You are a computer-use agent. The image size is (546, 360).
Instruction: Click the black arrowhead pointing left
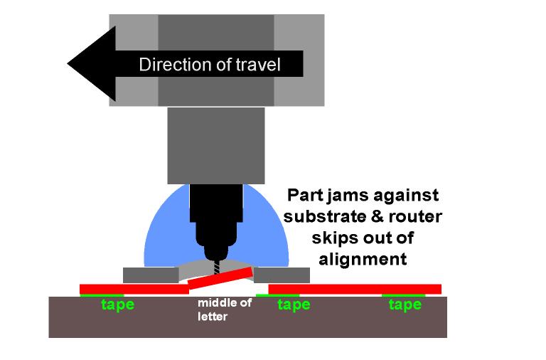[89, 64]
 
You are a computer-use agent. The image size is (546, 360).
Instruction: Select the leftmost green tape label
[117, 305]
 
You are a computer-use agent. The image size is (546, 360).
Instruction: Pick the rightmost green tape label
[405, 305]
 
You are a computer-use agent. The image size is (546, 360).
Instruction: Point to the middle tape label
[294, 305]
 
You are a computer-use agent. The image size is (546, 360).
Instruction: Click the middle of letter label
[224, 310]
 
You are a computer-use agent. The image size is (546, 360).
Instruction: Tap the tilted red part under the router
[220, 279]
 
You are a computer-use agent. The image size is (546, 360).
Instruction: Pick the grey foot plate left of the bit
[151, 275]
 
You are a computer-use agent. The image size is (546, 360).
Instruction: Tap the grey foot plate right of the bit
[282, 275]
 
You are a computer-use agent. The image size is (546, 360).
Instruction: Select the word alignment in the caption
[363, 258]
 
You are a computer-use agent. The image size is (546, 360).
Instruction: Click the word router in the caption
[418, 216]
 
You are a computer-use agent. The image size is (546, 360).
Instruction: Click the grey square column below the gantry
[215, 145]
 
